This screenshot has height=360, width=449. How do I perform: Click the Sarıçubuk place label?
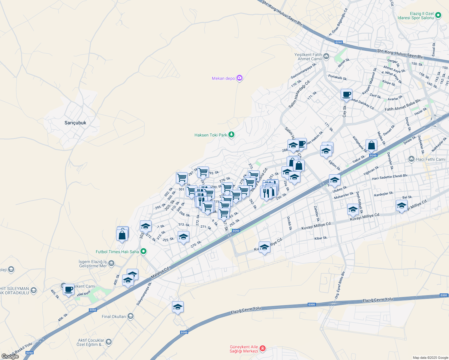tap(75, 123)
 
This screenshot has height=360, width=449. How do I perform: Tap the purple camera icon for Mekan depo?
tap(239, 78)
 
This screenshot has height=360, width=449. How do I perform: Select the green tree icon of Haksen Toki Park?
tap(231, 135)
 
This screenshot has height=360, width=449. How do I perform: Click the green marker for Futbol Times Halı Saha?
tap(143, 252)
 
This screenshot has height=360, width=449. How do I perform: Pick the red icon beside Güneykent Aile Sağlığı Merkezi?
tap(263, 349)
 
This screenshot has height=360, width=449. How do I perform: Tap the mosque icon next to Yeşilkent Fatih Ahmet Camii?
tap(326, 56)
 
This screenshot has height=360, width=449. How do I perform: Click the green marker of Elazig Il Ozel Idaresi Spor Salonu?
tap(438, 15)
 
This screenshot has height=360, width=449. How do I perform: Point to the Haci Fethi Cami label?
tap(430, 159)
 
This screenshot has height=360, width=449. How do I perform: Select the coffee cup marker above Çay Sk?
tap(346, 94)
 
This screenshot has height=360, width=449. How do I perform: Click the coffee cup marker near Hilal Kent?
tap(69, 289)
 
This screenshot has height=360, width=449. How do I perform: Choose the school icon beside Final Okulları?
tap(130, 316)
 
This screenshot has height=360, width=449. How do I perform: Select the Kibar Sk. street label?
tap(321, 238)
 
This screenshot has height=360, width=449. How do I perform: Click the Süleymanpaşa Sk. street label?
tap(144, 294)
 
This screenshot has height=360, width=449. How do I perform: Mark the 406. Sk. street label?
tap(63, 317)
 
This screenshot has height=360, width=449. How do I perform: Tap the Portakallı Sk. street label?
tap(338, 77)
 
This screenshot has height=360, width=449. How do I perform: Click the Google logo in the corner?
tap(10, 356)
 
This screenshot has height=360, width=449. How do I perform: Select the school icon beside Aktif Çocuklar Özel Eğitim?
tap(109, 342)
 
